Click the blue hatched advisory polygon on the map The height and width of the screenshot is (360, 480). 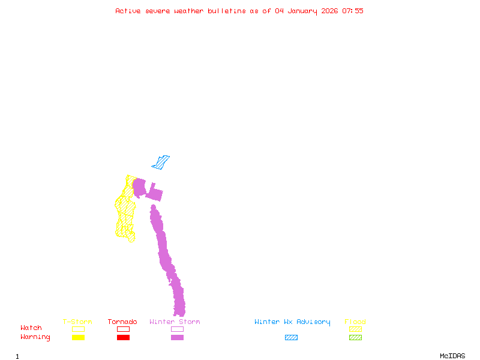click(160, 162)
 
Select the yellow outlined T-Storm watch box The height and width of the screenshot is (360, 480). click(78, 329)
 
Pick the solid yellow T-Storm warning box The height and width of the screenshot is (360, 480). click(78, 338)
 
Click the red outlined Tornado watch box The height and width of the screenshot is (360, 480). click(123, 329)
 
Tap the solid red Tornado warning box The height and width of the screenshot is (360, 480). click(123, 338)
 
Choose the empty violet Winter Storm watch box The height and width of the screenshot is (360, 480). click(177, 329)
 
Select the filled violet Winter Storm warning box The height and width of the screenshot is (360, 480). click(177, 338)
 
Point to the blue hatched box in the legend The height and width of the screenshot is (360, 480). click(291, 338)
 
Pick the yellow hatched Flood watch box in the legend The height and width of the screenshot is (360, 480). click(355, 329)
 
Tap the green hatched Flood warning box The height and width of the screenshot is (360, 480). click(355, 338)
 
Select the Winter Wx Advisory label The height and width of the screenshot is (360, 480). click(292, 322)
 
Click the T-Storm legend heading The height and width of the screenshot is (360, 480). click(77, 322)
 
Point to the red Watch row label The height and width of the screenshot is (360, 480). click(31, 328)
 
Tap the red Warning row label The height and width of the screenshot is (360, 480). click(35, 337)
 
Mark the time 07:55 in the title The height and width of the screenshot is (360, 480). click(353, 11)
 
